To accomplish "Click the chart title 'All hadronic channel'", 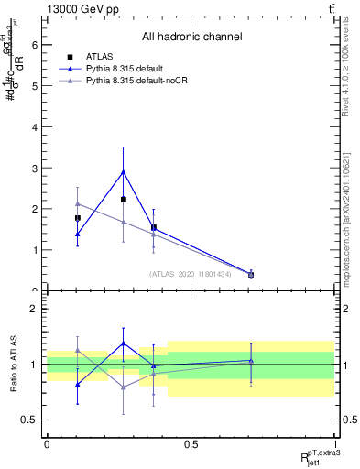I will pyautogui.click(x=191, y=37).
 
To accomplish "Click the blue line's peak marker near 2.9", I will pyautogui.click(x=123, y=171).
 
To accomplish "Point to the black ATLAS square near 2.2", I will pyautogui.click(x=123, y=199).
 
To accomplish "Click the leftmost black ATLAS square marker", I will pyautogui.click(x=78, y=218).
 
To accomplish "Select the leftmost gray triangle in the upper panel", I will pyautogui.click(x=78, y=203).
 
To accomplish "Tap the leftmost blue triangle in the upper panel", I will pyautogui.click(x=78, y=234).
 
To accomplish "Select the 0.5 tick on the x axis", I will pyautogui.click(x=191, y=444).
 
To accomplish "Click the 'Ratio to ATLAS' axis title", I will pyautogui.click(x=12, y=364).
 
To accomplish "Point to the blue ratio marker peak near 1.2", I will pyautogui.click(x=123, y=344).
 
